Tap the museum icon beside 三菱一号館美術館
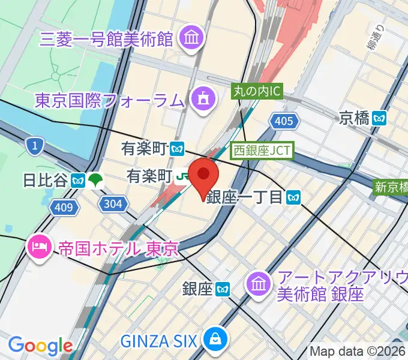[193, 39]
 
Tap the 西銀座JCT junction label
[262, 150]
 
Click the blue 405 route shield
[284, 122]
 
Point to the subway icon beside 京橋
[380, 118]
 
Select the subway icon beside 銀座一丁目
[293, 196]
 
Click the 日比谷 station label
[44, 179]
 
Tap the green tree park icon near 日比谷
[95, 179]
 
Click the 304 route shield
[112, 204]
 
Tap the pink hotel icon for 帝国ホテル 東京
[40, 246]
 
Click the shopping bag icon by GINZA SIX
[214, 341]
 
